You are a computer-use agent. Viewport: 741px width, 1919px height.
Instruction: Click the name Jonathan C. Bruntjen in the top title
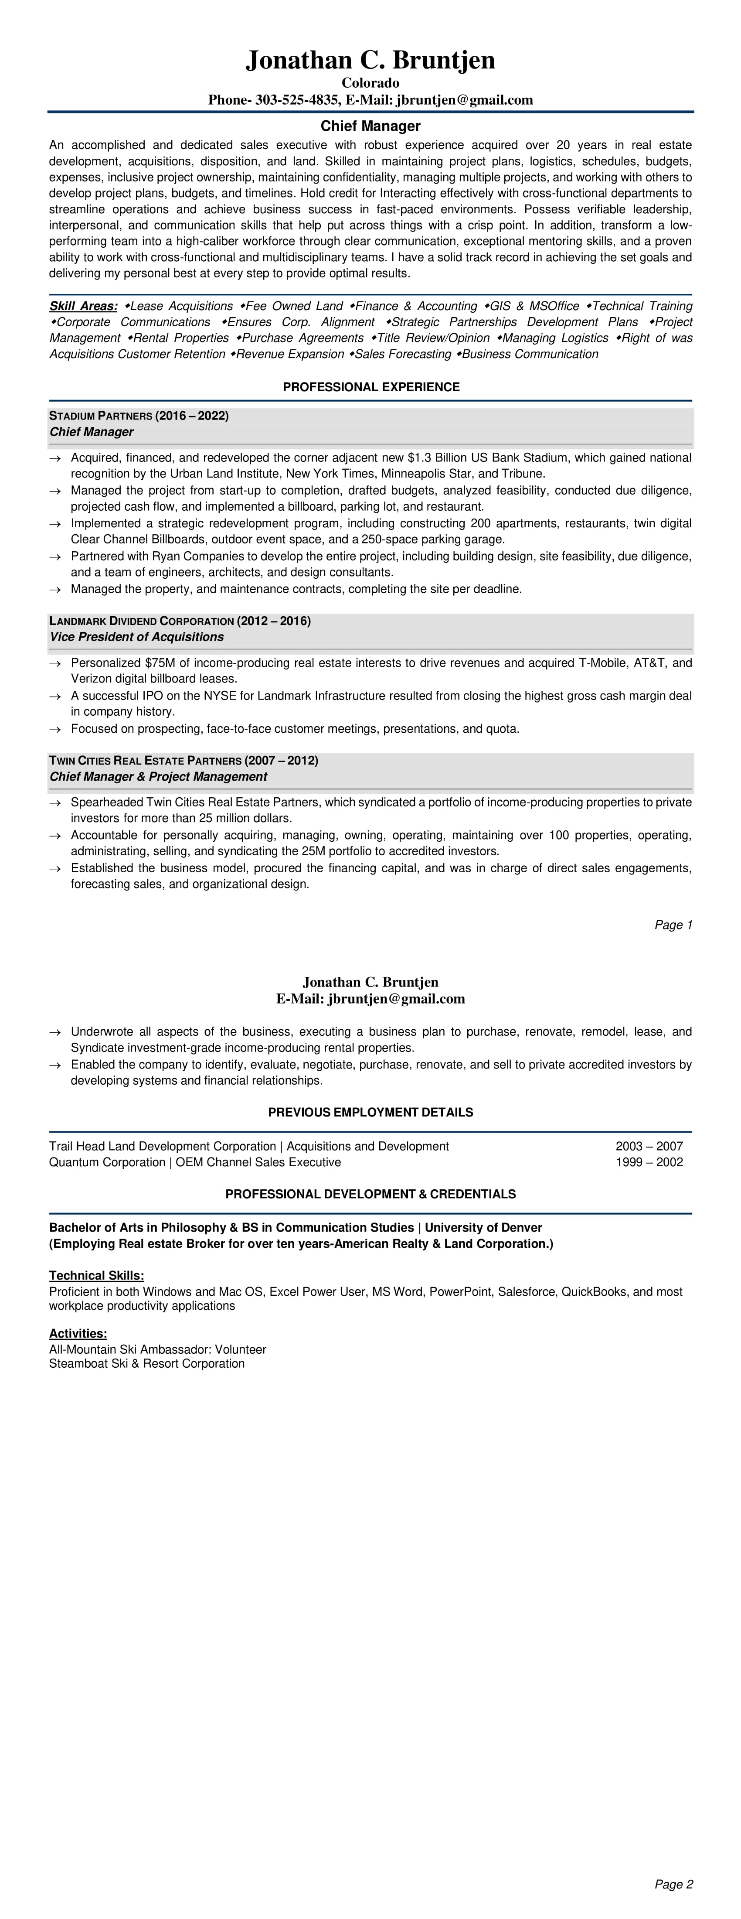coord(370,60)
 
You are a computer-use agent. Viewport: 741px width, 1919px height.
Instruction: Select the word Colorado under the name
coord(370,83)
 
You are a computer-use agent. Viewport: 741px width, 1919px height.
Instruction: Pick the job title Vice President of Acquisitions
coord(136,637)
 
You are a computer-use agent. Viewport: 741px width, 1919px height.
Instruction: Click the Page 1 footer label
coord(673,925)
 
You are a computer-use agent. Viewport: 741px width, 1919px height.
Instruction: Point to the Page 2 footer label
coord(673,1885)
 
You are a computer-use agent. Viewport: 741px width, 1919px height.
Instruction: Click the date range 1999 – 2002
coord(649,1162)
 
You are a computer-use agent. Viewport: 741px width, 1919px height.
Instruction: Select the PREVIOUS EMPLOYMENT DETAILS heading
coord(370,1112)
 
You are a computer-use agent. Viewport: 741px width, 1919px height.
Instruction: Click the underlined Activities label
coord(78,1333)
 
